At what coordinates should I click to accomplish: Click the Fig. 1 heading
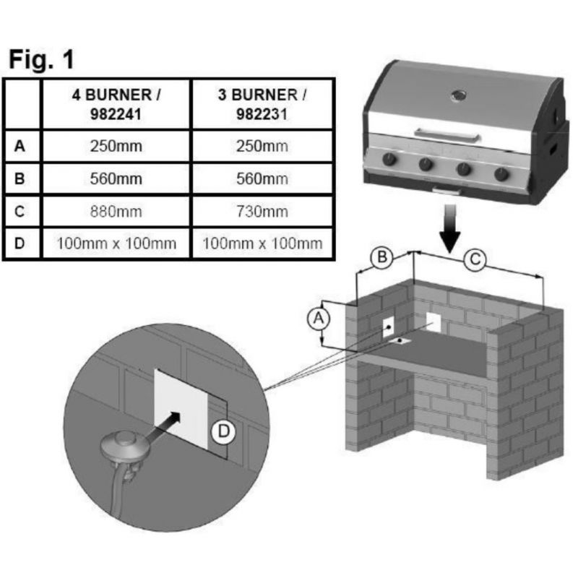coord(42,59)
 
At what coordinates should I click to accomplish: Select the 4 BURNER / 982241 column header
coord(116,104)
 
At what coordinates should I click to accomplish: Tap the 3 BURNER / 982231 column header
coord(262,104)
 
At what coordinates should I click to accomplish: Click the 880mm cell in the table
coord(116,211)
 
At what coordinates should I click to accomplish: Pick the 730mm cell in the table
coord(262,211)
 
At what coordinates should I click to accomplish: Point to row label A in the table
coord(21,147)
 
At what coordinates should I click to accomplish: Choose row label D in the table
coord(21,243)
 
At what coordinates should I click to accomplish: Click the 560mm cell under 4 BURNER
coord(116,179)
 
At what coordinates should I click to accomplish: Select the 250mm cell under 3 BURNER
coord(262,147)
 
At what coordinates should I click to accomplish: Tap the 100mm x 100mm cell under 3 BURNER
coord(262,243)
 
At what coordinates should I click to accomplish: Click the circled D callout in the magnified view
coord(224,432)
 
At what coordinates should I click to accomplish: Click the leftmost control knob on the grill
coord(391,159)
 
